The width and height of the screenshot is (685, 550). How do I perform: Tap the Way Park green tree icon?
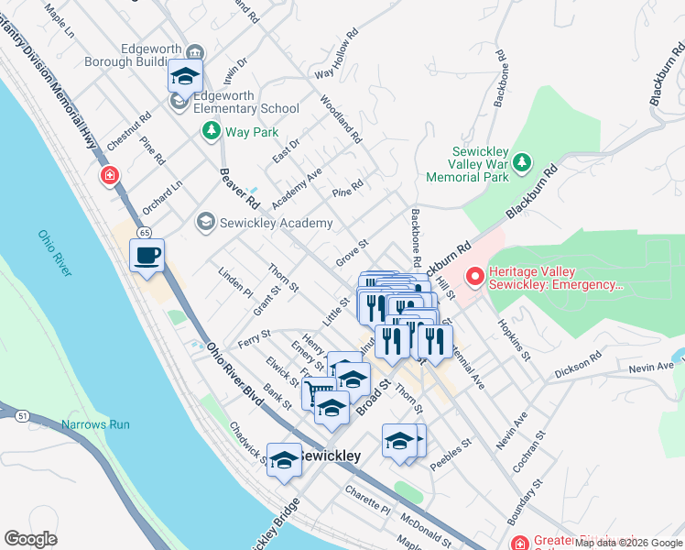(x=212, y=132)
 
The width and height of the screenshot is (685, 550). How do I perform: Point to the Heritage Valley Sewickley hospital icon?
(x=474, y=276)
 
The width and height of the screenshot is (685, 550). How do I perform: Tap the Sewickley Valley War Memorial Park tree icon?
(x=522, y=162)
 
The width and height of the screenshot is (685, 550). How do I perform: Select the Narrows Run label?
(x=95, y=424)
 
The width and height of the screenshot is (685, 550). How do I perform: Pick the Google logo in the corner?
(x=30, y=538)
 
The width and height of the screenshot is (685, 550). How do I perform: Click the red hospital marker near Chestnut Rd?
(x=109, y=174)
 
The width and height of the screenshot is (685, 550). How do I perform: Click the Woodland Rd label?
(x=341, y=119)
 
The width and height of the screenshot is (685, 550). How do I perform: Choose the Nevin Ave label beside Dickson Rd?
(x=649, y=368)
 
